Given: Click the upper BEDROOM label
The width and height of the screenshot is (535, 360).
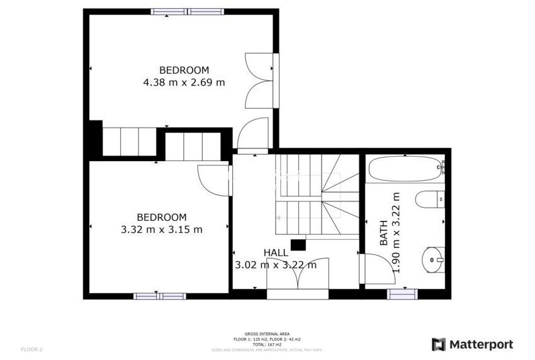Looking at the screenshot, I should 184,70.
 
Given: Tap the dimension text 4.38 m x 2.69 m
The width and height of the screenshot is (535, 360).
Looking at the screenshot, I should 184,82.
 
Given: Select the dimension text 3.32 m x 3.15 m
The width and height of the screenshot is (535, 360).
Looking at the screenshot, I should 162,230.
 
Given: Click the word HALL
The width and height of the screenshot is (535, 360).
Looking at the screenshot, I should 276,252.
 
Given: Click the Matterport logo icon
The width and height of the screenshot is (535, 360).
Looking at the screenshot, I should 439,344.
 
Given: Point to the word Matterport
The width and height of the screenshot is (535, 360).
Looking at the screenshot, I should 480,344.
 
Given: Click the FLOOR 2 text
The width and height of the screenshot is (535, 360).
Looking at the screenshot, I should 31,349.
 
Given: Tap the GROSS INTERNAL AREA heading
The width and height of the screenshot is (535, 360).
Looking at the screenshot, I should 267,334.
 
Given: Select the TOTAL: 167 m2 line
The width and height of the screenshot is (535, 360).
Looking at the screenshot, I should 267,344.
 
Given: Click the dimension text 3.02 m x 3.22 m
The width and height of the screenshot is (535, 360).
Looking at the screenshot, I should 276,265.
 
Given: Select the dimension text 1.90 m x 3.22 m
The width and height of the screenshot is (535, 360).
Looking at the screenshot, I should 396,232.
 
